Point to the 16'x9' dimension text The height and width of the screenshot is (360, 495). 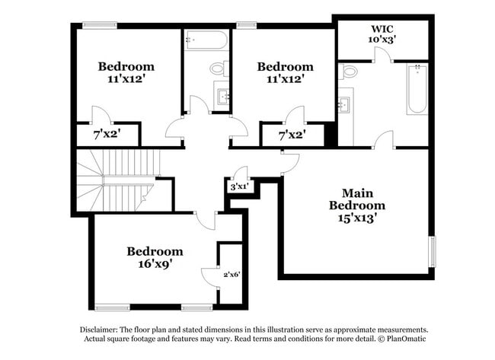[x=155, y=264]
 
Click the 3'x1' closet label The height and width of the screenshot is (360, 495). [x=239, y=186]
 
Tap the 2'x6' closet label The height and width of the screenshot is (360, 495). [x=232, y=274]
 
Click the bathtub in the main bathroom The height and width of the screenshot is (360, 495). [x=417, y=90]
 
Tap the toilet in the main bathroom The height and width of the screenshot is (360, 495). [x=350, y=72]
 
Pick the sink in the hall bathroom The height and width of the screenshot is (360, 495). [x=224, y=95]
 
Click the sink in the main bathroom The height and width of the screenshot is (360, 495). [x=343, y=104]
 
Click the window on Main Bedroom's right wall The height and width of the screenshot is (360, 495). [x=433, y=252]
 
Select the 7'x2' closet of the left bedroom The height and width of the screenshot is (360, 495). [x=107, y=135]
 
